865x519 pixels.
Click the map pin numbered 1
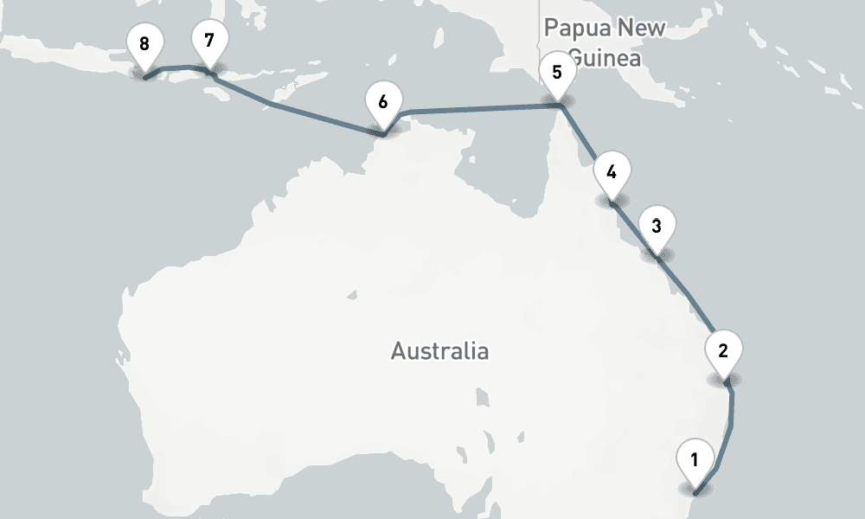[695, 457]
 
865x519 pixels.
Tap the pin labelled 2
[724, 350]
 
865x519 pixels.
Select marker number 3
[657, 227]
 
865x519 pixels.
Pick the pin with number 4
[612, 171]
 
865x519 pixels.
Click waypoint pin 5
[557, 71]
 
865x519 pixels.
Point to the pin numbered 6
[382, 100]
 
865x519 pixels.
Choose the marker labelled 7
[209, 40]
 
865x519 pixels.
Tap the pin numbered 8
[144, 43]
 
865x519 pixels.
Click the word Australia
[439, 351]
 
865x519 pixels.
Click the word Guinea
[605, 58]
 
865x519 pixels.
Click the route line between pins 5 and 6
[476, 108]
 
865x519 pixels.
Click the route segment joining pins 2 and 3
[692, 303]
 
